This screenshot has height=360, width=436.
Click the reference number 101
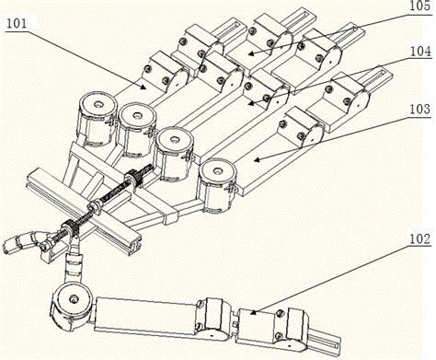point(17,24)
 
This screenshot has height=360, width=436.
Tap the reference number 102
point(419,238)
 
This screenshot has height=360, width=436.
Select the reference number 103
point(419,109)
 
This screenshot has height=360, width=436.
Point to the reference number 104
point(419,52)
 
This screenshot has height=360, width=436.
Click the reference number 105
point(419,6)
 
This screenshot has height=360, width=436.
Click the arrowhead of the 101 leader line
point(143,87)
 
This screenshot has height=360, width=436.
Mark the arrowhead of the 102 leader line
point(253,312)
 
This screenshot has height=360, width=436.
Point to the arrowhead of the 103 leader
point(257,159)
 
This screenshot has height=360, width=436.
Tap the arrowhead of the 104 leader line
point(251,104)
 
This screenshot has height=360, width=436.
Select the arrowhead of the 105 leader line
point(251,53)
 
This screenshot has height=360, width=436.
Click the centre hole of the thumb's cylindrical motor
point(74,297)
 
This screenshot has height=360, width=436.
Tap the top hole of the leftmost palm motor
point(98,105)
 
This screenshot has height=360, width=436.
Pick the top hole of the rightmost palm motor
point(218,169)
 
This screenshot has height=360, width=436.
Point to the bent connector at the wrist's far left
point(21,241)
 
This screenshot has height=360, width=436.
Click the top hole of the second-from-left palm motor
point(136,116)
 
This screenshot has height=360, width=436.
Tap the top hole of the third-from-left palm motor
point(174,139)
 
